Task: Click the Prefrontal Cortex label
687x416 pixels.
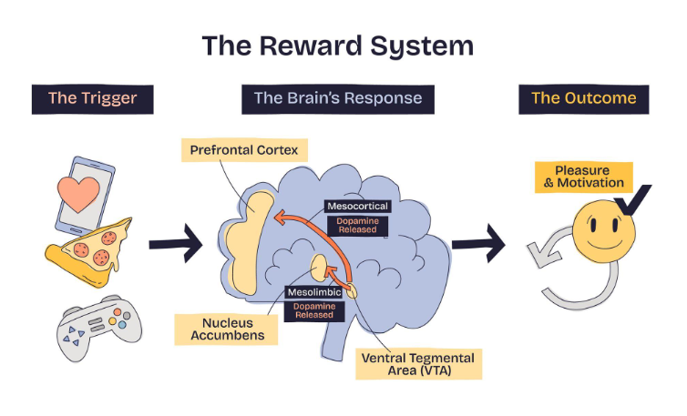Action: [x=243, y=148]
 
